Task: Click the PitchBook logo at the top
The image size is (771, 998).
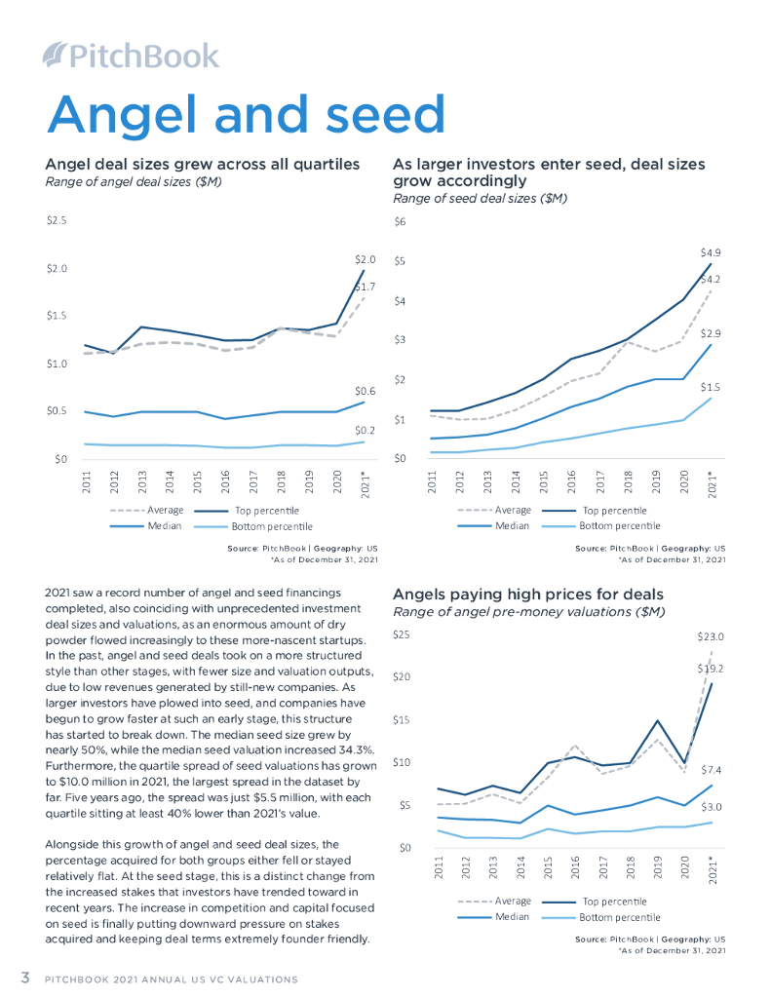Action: point(132,55)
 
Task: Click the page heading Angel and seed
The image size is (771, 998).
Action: point(247,114)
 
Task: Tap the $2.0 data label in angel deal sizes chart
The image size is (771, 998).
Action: point(365,260)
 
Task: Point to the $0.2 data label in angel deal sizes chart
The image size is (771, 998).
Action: point(365,430)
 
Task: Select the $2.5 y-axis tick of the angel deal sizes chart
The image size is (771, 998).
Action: point(57,221)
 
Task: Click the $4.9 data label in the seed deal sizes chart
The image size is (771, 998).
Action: point(711,251)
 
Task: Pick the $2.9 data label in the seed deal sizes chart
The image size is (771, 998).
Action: point(711,333)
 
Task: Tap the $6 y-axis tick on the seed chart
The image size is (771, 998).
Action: point(399,221)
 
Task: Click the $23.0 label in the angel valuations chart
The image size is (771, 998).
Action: point(711,636)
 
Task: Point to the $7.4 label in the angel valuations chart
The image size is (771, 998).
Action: point(711,770)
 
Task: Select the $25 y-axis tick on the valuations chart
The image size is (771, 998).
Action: point(401,635)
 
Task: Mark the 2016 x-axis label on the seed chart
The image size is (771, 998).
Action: point(572,480)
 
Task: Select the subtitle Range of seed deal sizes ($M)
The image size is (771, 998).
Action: point(480,198)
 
